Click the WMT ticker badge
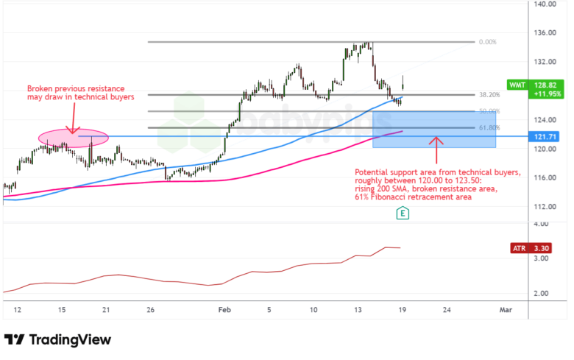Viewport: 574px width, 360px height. [x=517, y=85]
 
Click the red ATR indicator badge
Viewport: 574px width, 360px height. [x=520, y=249]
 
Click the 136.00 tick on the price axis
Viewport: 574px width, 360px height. [x=545, y=33]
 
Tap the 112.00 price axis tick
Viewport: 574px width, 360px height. [x=545, y=206]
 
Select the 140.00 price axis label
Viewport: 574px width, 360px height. [x=545, y=4]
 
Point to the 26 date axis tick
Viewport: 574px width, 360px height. [x=150, y=310]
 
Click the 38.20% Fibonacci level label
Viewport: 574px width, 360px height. [x=489, y=95]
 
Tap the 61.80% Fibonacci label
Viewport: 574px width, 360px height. [x=489, y=128]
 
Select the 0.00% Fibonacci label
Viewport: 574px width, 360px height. [x=487, y=42]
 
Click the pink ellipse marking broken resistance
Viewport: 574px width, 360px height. [x=73, y=137]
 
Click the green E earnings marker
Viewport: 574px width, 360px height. [x=403, y=213]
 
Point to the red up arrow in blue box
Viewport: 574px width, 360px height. [x=436, y=147]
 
